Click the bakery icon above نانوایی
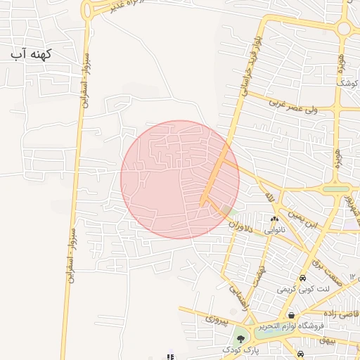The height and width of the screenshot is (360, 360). coord(274,219)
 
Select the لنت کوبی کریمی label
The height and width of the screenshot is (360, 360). coord(303,289)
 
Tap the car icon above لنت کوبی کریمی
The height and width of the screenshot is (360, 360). coord(302,278)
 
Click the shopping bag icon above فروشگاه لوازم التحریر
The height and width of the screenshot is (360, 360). coord(291,315)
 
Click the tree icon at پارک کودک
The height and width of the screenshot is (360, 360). coord(240,338)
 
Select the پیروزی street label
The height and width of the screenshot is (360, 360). coord(217,319)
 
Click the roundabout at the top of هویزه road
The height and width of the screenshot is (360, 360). coord(344,29)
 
